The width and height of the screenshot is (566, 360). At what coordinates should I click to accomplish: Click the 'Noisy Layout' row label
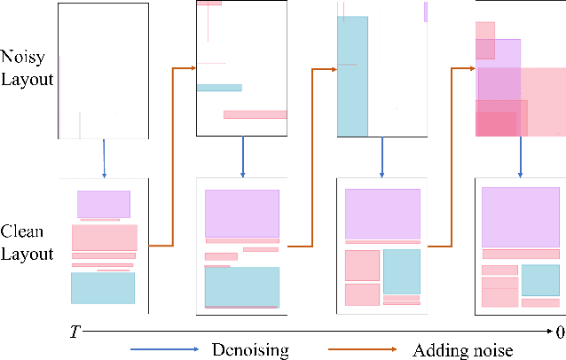28,67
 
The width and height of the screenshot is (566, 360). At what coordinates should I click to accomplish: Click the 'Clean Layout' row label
28,242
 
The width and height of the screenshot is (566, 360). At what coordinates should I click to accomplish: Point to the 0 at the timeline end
559,333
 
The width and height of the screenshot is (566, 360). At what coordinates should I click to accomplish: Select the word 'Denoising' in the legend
250,350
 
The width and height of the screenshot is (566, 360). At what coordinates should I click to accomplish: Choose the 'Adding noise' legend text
462,350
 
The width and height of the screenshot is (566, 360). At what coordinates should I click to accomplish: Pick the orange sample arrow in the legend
364,350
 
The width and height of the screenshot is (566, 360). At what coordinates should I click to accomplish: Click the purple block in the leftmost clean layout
103,204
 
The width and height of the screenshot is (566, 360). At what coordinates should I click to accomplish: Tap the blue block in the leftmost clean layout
103,288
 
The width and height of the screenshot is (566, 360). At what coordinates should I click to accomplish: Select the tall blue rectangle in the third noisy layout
352,76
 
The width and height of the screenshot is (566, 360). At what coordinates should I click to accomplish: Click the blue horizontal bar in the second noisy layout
219,88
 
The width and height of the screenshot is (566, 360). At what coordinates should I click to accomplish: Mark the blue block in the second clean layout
241,286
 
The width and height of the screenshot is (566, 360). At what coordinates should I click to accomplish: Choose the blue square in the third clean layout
401,270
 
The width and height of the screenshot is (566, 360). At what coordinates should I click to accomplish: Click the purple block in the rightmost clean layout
520,217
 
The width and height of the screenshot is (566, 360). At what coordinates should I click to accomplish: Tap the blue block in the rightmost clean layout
540,279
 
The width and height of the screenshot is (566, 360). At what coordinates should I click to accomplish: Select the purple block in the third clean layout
382,213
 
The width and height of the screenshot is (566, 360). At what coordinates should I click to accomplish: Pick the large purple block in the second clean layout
242,213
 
